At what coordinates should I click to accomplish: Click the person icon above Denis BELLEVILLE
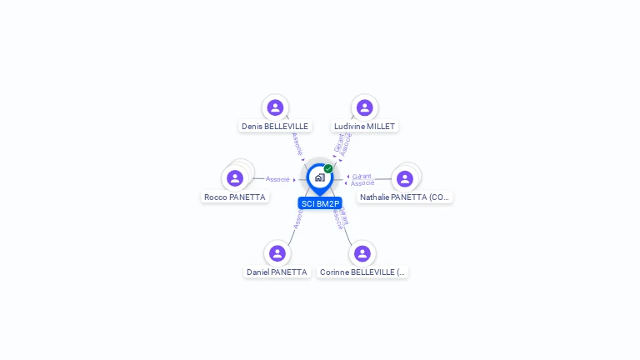point(275,107)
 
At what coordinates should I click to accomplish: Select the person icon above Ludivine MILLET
point(364,107)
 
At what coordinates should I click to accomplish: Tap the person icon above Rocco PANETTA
point(235,178)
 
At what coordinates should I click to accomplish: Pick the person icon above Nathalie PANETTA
point(405,178)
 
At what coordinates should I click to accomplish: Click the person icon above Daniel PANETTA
point(277,253)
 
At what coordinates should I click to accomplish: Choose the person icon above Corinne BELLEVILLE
point(362,253)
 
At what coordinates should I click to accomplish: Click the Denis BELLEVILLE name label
point(275,127)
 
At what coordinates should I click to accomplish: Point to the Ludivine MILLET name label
point(364,127)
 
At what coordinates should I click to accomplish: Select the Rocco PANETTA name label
point(235,197)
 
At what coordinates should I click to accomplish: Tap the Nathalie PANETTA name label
point(405,197)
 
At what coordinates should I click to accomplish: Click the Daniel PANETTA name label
point(277,272)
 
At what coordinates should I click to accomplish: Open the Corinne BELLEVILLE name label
point(362,272)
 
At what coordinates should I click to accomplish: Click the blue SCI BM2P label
point(320,203)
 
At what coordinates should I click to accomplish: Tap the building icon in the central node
point(319,177)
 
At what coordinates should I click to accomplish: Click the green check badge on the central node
point(328,168)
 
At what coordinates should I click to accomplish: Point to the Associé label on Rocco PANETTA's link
point(277,179)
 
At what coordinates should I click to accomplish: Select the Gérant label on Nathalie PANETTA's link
point(362,176)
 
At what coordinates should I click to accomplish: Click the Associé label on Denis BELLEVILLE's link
point(297,143)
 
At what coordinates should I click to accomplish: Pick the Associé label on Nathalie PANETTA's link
point(362,183)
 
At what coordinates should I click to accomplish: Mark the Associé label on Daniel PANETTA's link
point(297,219)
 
